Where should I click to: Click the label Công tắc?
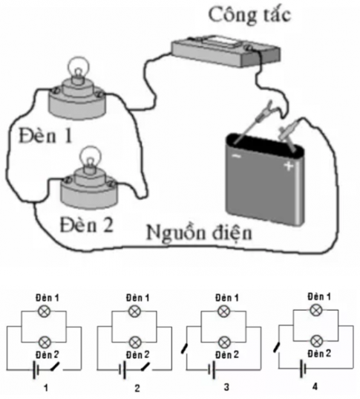[x=249, y=15]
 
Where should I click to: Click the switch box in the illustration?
[x=226, y=51]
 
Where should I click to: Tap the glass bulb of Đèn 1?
[x=79, y=68]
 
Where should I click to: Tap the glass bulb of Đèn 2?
[x=90, y=158]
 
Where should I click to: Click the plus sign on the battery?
[x=289, y=166]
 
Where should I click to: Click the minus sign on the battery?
[x=236, y=156]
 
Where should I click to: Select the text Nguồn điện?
[x=200, y=233]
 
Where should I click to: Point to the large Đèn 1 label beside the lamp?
[x=45, y=135]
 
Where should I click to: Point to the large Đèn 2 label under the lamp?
[x=86, y=224]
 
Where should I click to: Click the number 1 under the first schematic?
[x=46, y=388]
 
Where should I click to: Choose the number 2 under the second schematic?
[x=137, y=388]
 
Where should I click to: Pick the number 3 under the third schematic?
[x=226, y=387]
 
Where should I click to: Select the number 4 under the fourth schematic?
[x=315, y=386]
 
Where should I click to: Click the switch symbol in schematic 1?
[x=55, y=366]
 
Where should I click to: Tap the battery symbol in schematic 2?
[x=122, y=369]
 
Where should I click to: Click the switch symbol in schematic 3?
[x=185, y=348]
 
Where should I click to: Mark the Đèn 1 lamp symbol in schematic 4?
[x=316, y=310]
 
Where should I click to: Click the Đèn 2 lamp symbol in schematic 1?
[x=45, y=342]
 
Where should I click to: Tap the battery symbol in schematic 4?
[x=303, y=368]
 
